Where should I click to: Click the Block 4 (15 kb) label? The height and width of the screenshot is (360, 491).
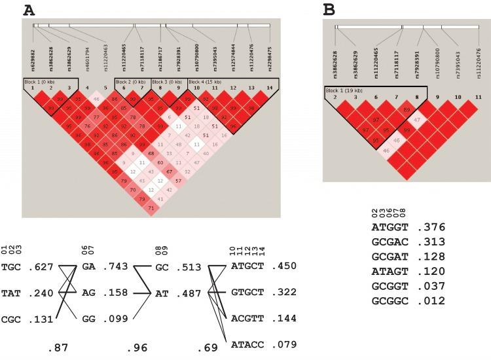(x=206, y=81)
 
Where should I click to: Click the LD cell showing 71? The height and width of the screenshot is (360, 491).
(x=151, y=207)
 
